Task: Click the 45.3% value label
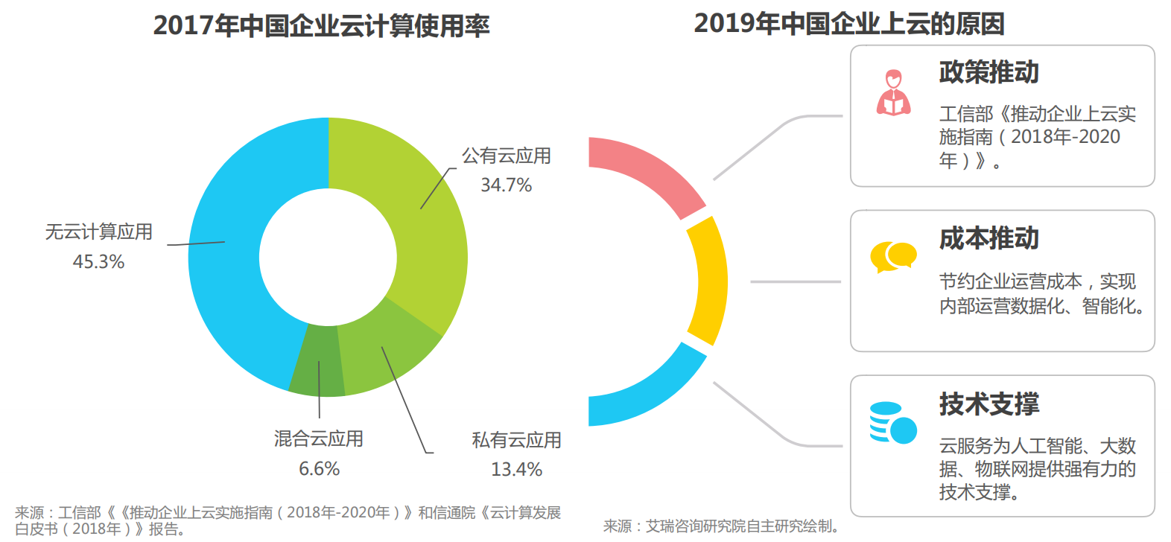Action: coord(98,262)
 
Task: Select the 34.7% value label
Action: coord(506,185)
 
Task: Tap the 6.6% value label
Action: coord(319,469)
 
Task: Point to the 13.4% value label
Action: coord(516,470)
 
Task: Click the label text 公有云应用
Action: coord(507,156)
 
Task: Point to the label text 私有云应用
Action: coord(516,440)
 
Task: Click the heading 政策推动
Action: coord(988,72)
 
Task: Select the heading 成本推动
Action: coord(988,238)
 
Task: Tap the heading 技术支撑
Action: coord(988,404)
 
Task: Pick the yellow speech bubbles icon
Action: coord(892,257)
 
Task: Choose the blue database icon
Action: coord(892,423)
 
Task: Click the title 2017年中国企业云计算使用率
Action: coord(321,26)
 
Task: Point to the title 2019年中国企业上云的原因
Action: coord(848,24)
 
